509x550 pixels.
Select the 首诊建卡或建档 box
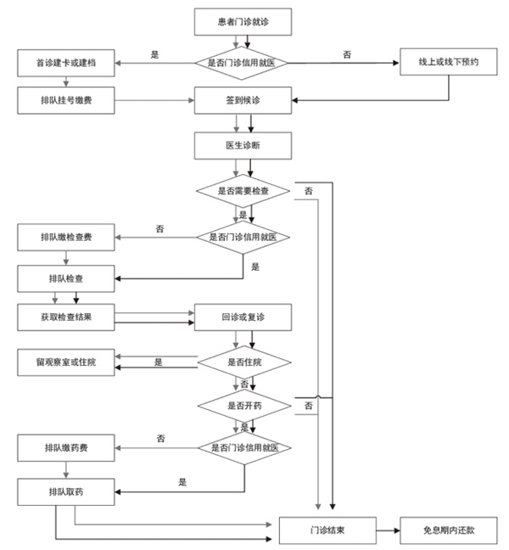coord(65,62)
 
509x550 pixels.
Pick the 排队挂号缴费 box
coord(65,100)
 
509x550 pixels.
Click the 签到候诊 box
coord(243,100)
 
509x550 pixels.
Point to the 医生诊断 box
coord(243,145)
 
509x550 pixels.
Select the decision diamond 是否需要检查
coord(243,192)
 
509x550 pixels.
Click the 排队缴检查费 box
coord(65,237)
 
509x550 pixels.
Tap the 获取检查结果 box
coord(65,317)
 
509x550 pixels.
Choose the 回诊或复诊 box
coord(243,317)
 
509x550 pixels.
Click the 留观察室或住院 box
coord(65,362)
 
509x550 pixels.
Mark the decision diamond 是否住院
coord(243,362)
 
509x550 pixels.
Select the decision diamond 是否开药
coord(243,407)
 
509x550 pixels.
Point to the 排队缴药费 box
coord(65,446)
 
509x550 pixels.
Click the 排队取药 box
coord(65,491)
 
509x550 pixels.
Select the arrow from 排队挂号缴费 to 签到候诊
coord(153,100)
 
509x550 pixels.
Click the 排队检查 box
coord(65,278)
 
